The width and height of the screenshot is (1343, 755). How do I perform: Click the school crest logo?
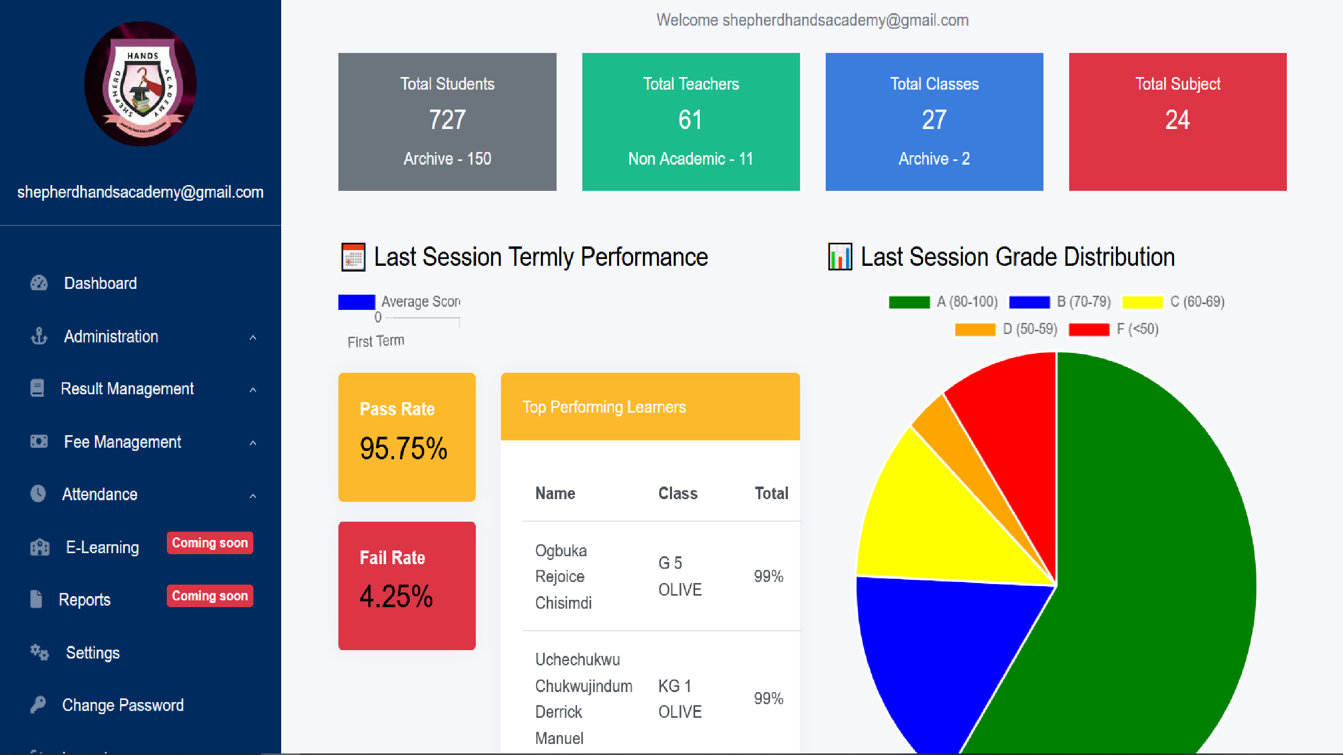pyautogui.click(x=141, y=84)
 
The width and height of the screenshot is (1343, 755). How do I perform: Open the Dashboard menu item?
pyautogui.click(x=100, y=283)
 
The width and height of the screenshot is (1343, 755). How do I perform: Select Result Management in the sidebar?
pyautogui.click(x=127, y=389)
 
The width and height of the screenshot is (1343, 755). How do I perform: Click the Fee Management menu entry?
pyautogui.click(x=122, y=442)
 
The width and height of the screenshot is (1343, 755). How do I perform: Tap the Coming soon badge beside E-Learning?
pyautogui.click(x=210, y=543)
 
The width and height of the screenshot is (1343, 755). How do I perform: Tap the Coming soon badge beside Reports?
pyautogui.click(x=210, y=596)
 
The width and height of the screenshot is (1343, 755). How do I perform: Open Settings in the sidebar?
pyautogui.click(x=92, y=653)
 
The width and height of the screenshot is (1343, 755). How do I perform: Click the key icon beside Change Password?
pyautogui.click(x=38, y=705)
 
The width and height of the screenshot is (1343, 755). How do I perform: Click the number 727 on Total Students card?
pyautogui.click(x=447, y=120)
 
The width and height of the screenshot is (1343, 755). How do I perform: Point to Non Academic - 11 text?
pyautogui.click(x=690, y=158)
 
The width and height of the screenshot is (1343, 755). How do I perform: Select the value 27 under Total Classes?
pyautogui.click(x=934, y=120)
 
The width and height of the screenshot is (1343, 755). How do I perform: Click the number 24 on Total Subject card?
pyautogui.click(x=1177, y=120)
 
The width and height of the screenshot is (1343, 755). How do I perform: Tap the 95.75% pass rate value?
pyautogui.click(x=403, y=449)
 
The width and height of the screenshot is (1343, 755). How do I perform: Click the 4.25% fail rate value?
pyautogui.click(x=396, y=597)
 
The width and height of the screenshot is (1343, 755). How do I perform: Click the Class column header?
pyautogui.click(x=678, y=493)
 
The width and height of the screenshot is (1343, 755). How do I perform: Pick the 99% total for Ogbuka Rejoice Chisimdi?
pyautogui.click(x=768, y=576)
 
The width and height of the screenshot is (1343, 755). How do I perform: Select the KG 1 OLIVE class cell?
pyautogui.click(x=680, y=698)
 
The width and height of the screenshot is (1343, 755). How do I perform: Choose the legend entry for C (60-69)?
pyautogui.click(x=1173, y=301)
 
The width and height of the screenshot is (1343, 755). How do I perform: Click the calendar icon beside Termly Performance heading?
pyautogui.click(x=353, y=257)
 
